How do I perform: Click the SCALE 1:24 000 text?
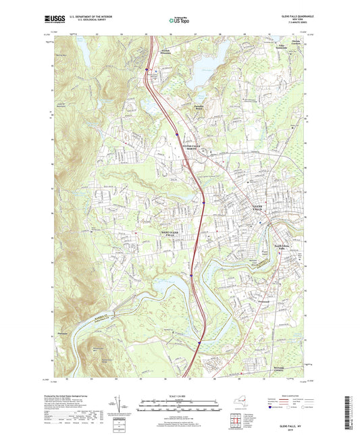(179, 394)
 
